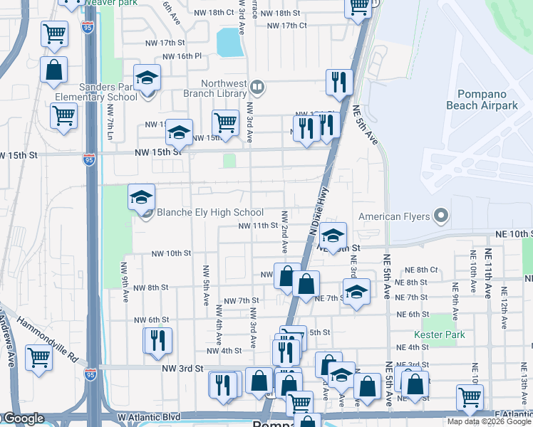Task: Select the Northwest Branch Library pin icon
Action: [257, 88]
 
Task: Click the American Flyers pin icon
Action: [441, 216]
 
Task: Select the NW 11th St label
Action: [257, 226]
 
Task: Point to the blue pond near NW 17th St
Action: [229, 42]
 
